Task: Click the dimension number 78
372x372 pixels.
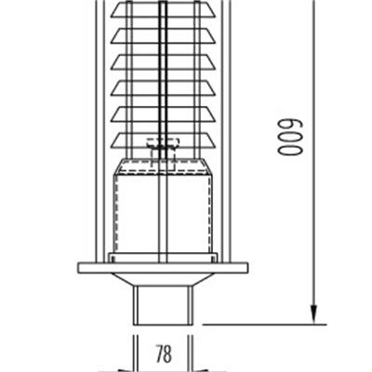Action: coord(163,353)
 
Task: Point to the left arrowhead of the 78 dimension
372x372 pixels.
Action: coord(131,353)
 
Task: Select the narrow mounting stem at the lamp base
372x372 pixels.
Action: coord(163,303)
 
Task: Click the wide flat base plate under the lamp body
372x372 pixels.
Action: coord(163,268)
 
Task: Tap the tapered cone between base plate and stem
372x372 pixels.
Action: coord(163,279)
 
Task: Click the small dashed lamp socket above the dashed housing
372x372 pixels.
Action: coord(164,144)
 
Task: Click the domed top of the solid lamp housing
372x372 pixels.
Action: coord(163,166)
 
